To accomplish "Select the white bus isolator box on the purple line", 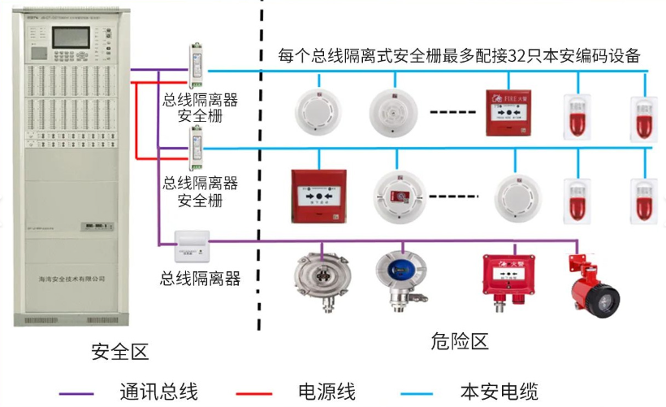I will [193, 241].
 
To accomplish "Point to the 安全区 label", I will [120, 352].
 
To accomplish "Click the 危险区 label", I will [460, 341].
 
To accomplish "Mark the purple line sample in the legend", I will [81, 393].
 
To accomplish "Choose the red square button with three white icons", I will [318, 195].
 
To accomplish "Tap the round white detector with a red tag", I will [399, 196].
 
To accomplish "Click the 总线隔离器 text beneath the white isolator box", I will [201, 279].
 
